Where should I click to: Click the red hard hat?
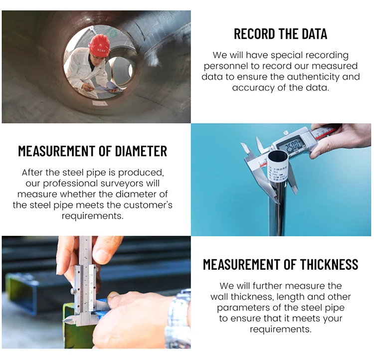pyautogui.click(x=99, y=45)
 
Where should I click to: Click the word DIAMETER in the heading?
pyautogui.click(x=141, y=151)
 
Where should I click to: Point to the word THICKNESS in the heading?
pyautogui.click(x=329, y=264)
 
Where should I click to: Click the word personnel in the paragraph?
pyautogui.click(x=225, y=66)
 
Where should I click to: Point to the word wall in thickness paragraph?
pyautogui.click(x=219, y=297)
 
